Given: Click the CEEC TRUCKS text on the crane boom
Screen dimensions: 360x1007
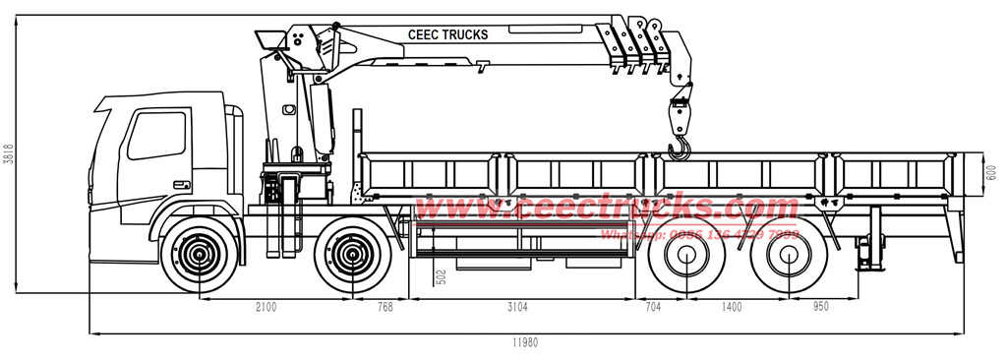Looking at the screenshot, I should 447,35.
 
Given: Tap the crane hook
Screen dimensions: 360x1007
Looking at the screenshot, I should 679,149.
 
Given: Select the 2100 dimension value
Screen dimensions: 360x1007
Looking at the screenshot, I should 266,307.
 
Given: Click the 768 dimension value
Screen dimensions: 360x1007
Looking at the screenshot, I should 385,307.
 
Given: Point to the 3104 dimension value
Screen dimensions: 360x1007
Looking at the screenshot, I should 517,307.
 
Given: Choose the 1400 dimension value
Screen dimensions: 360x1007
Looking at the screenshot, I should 732,307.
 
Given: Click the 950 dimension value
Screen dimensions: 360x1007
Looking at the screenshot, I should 821,307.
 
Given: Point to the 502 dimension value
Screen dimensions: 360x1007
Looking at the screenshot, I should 442,278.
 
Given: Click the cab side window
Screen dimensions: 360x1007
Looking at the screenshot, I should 156,136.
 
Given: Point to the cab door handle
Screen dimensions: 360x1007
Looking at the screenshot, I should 181,185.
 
